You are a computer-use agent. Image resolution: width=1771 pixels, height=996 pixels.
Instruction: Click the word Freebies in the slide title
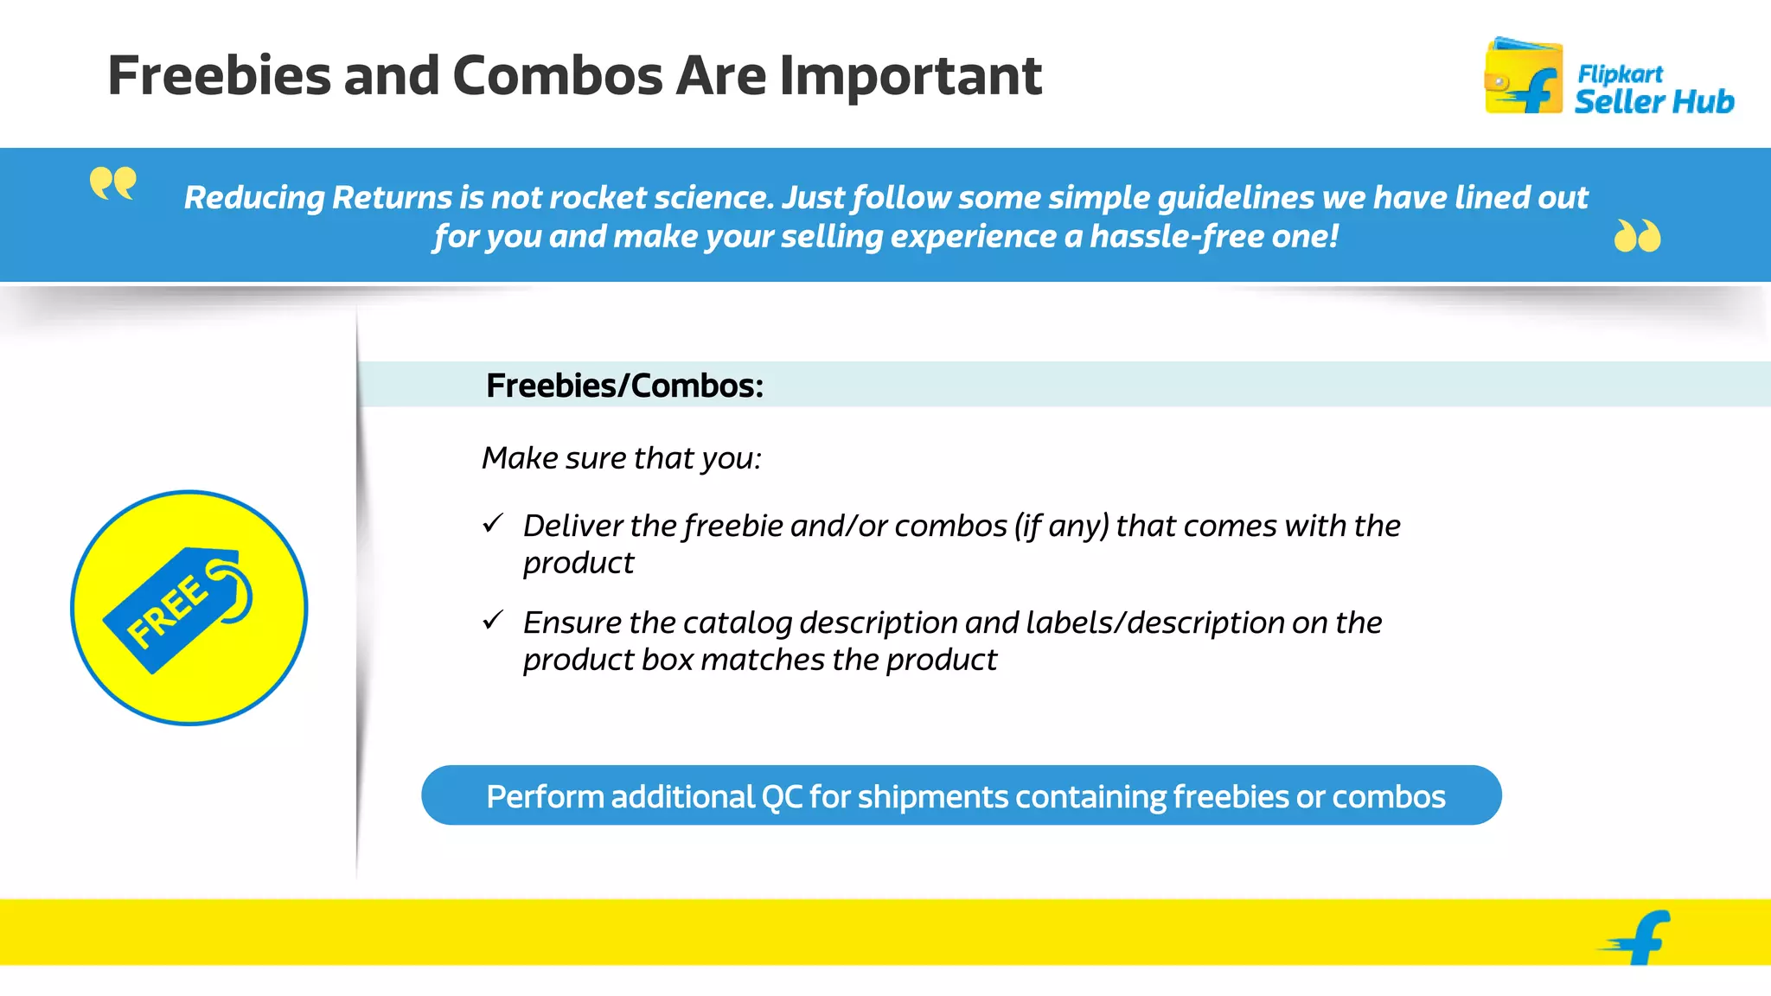coord(220,76)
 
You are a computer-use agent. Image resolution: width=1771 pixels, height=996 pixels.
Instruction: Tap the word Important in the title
coord(911,76)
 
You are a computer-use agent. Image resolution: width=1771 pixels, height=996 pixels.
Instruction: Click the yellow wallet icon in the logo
coord(1523,77)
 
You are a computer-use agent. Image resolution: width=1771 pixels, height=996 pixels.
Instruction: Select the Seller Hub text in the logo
coord(1653,102)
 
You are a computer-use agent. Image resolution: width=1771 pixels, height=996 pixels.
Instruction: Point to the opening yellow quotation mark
coord(112,183)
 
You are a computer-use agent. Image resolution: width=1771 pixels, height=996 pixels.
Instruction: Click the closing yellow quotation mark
coord(1637,236)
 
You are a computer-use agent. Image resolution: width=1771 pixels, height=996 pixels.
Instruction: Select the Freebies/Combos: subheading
coord(624,386)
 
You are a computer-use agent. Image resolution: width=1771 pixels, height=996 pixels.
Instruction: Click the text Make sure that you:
coord(621,458)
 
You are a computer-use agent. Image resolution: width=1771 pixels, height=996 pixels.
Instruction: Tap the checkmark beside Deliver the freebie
coord(493,523)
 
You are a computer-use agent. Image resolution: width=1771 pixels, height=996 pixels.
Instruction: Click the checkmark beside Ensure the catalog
coord(493,620)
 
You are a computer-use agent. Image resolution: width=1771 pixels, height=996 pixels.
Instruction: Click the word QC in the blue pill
coord(782,797)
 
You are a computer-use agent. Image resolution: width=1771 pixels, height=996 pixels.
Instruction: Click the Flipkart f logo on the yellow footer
coord(1640,937)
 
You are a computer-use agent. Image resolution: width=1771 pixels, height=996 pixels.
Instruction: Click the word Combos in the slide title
coord(559,76)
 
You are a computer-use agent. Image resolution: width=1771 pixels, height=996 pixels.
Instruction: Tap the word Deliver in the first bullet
coord(572,526)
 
